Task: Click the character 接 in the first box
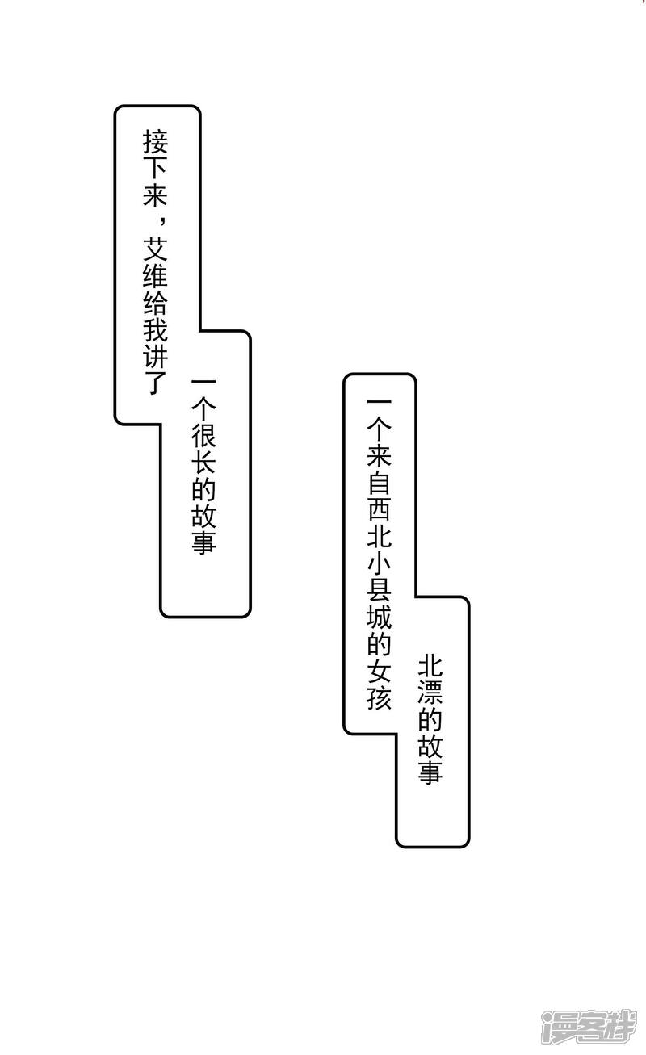click(x=155, y=144)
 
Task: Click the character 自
click(x=380, y=484)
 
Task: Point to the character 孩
click(x=380, y=697)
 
